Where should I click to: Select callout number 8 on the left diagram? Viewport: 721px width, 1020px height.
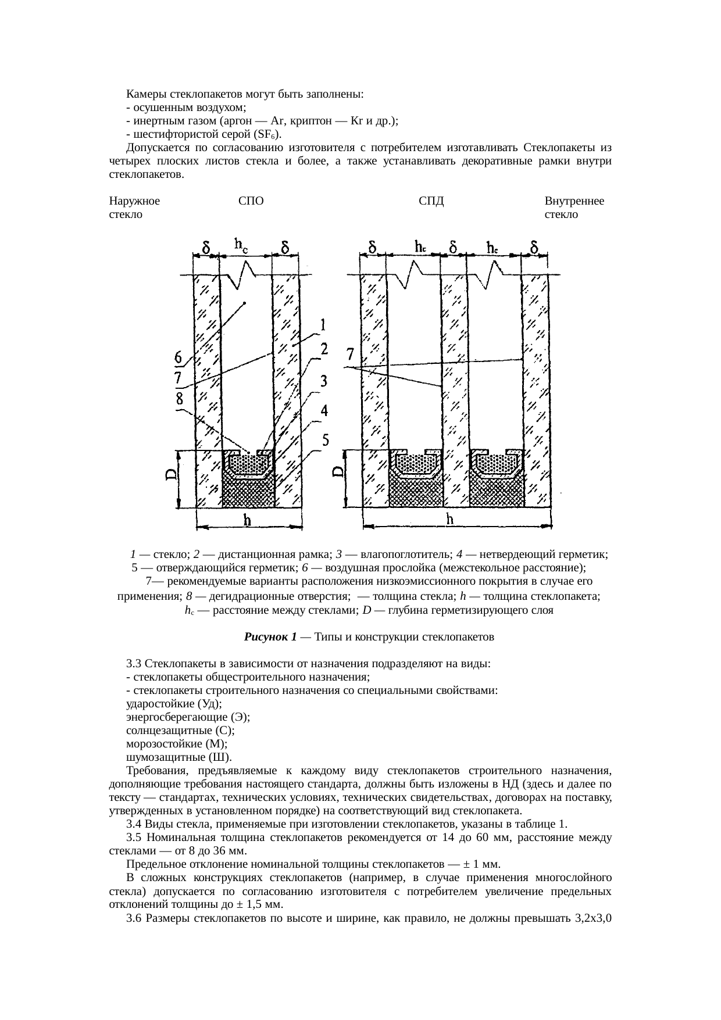[x=180, y=399]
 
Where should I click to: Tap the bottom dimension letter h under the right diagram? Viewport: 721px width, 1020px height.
[x=449, y=520]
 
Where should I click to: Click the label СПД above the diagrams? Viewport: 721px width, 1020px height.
[x=431, y=201]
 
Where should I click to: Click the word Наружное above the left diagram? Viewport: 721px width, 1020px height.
[x=134, y=201]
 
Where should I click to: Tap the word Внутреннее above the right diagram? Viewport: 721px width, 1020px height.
[x=574, y=201]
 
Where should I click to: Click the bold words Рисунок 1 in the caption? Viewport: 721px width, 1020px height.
[x=270, y=636]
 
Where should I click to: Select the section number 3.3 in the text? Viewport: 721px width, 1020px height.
[x=134, y=664]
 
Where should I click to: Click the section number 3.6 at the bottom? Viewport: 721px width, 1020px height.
[x=134, y=918]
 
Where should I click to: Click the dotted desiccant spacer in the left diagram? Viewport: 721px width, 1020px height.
[x=249, y=464]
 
